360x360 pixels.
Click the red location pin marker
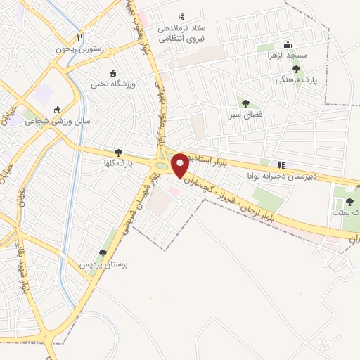click(x=180, y=165)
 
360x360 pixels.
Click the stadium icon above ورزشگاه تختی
click(x=113, y=72)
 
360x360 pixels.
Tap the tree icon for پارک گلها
click(x=118, y=153)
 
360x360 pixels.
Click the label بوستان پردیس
click(x=94, y=264)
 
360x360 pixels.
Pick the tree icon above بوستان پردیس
click(x=103, y=253)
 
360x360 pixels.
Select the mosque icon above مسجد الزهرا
click(x=308, y=44)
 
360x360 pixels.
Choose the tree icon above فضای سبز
click(x=245, y=103)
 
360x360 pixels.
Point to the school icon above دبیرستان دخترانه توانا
click(x=281, y=165)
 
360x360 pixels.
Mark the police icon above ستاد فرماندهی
click(x=182, y=17)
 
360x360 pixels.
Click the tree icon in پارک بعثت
click(x=349, y=202)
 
